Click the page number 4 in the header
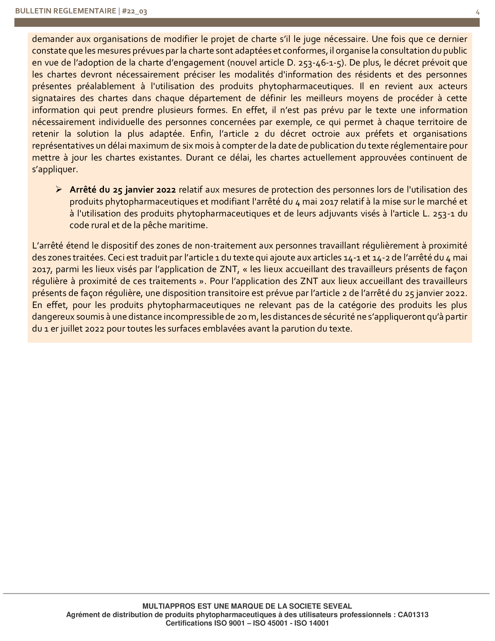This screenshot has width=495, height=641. (x=478, y=12)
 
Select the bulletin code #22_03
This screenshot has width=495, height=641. (x=134, y=11)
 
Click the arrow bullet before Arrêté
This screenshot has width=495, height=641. (x=59, y=190)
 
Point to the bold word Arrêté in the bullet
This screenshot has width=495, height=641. (x=83, y=190)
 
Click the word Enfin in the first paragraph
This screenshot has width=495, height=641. (x=201, y=134)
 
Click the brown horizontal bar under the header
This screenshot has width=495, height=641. (x=247, y=23)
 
